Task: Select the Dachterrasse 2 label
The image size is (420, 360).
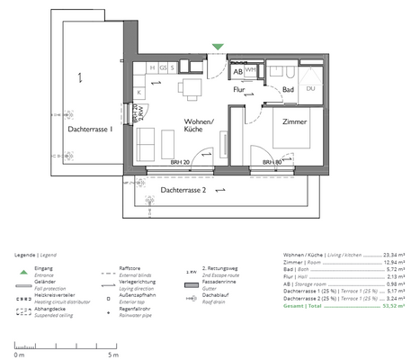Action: (x=184, y=191)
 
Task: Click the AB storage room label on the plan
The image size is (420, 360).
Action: (x=238, y=69)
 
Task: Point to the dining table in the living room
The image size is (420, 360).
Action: (x=190, y=88)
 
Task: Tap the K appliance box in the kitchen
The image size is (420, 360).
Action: (x=139, y=93)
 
